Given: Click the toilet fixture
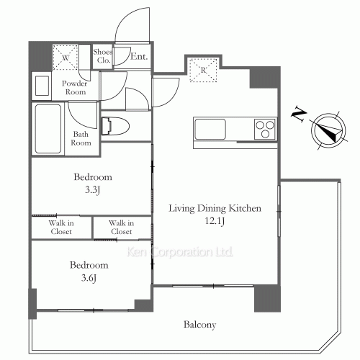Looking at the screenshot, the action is pos(115,126).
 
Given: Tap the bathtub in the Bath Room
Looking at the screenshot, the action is pos(48,129).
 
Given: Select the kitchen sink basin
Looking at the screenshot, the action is pos(210,129).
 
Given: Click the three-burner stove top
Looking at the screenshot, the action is pos(265,129).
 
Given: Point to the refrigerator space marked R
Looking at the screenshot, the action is pos(203,70).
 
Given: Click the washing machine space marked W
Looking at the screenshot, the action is pos(66,58).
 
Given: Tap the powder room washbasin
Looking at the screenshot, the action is pos(42,86).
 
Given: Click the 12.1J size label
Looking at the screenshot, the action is pos(215,220).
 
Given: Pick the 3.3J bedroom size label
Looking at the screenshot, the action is pos(93,190).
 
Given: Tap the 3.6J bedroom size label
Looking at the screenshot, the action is pos(89,278).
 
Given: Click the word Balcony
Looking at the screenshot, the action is pos(200,325).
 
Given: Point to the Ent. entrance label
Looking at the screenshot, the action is pos(139,57).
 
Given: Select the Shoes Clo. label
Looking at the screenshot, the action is pos(103,56).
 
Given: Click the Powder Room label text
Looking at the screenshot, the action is pos(75,88).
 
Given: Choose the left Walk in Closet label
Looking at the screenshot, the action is pos(61,228).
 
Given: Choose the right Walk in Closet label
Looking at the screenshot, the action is pos(122,228).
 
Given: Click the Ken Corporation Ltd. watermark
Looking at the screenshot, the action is pos(180,252).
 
